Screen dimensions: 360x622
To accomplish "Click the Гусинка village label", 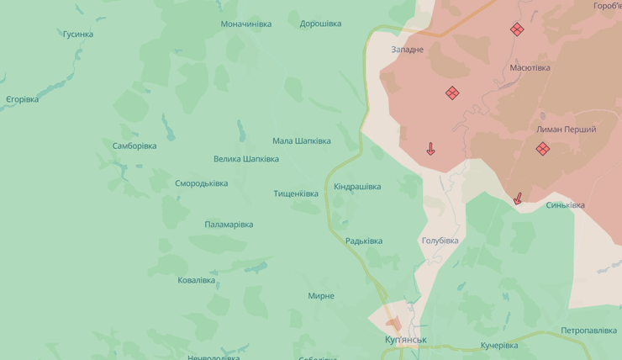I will (77, 34).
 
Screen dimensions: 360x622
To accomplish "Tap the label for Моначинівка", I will (245, 24).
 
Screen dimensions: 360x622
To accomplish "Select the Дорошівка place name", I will (320, 24).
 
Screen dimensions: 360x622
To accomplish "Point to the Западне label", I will (408, 50).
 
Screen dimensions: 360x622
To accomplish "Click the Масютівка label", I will (530, 67).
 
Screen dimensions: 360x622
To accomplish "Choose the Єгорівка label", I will (22, 99).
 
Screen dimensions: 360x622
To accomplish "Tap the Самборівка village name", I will (134, 146).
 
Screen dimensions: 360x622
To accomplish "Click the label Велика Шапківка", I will (245, 159).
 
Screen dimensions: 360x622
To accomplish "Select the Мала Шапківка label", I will (301, 141).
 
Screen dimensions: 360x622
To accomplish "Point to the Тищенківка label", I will (296, 193).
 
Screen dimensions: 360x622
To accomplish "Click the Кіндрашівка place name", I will (357, 187).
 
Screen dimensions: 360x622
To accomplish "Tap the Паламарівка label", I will (229, 225).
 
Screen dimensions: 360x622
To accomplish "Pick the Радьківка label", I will (363, 241).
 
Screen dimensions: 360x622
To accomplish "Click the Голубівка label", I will (440, 241).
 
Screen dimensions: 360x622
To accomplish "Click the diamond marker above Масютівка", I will (517, 29).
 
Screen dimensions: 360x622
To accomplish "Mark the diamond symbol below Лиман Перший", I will (543, 149).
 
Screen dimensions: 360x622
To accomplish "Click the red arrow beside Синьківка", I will (518, 199).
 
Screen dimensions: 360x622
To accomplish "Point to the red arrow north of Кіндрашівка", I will (430, 149).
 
